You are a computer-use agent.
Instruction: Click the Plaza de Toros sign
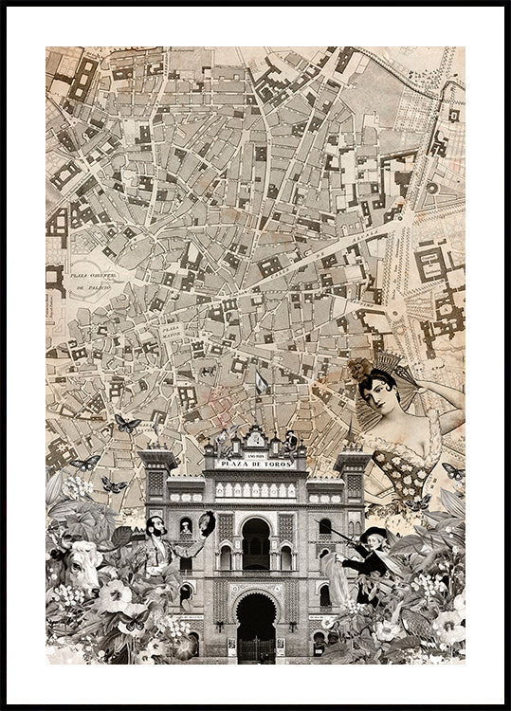255,464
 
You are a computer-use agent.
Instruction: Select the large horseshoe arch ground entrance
255,621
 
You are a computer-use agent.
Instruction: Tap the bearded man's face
157,527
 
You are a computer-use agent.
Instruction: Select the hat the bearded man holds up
207,521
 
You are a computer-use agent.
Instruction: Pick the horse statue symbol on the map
207,371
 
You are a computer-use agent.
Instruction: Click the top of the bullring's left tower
157,457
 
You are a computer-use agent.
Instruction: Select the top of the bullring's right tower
353,457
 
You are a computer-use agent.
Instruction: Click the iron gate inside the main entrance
255,647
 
